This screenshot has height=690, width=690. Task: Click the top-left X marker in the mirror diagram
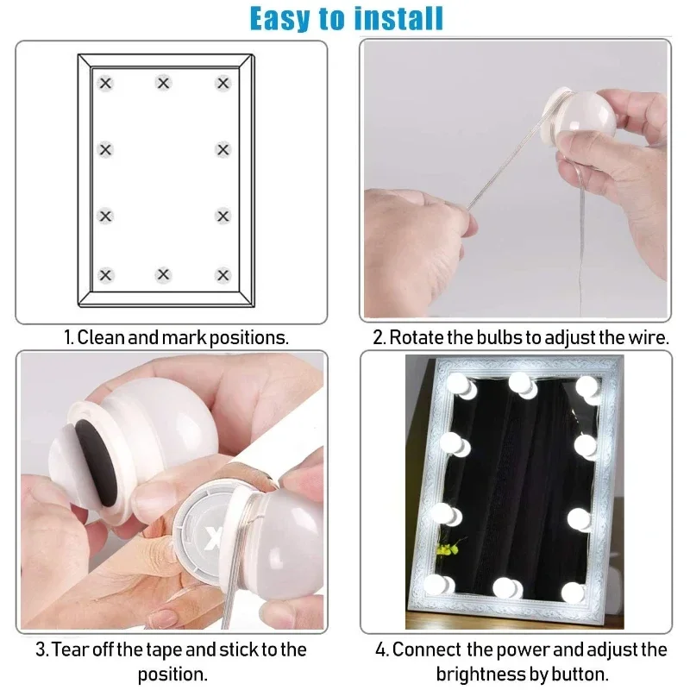pos(105,84)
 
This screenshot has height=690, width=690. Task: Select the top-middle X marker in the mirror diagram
pos(163,83)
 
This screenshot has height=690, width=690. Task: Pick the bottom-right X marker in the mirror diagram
pos(223,275)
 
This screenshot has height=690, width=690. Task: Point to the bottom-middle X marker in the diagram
pos(163,275)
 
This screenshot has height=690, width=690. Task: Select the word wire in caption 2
pos(647,337)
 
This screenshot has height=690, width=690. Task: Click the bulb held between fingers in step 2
pos(582,121)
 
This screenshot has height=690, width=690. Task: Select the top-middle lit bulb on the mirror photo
pos(520,383)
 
